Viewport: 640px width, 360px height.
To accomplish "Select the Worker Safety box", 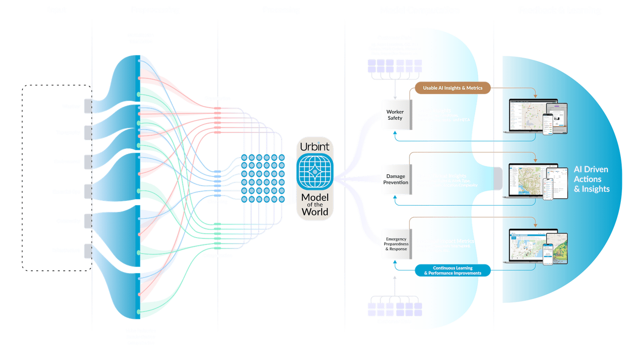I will pos(395,115).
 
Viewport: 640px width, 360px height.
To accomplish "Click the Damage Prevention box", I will pos(396,179).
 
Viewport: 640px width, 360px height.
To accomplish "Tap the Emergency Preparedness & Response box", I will pos(396,244).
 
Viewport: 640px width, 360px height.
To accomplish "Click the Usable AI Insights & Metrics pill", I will pos(452,88).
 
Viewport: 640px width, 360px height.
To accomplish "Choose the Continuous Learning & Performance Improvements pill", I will pos(452,271).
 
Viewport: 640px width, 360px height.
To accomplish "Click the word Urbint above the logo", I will pos(315,147).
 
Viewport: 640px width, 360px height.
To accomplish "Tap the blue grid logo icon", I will pos(315,172).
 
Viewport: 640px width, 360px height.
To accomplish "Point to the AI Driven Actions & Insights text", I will pos(591,179).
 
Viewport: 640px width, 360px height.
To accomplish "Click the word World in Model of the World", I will pos(315,212).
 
